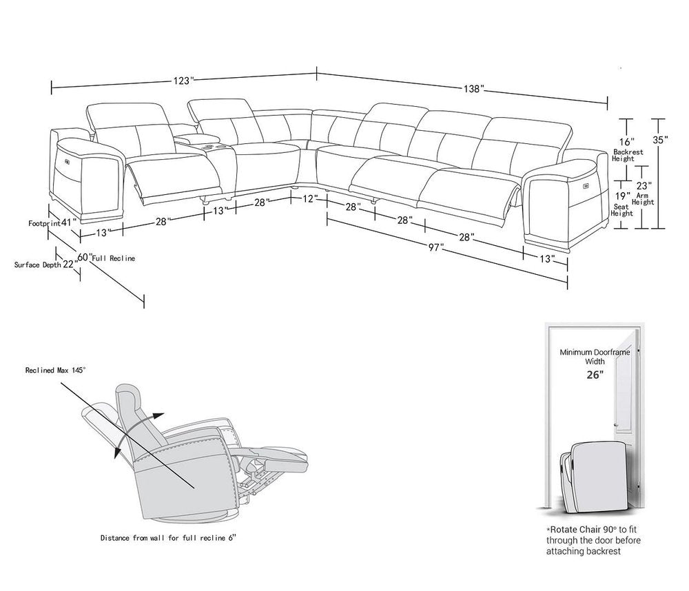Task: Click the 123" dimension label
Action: click(x=183, y=80)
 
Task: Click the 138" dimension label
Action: click(x=473, y=89)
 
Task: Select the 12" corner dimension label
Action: click(x=309, y=198)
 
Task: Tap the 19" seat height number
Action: click(x=623, y=185)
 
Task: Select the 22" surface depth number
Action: click(x=69, y=264)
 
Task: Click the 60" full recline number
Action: click(x=84, y=257)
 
